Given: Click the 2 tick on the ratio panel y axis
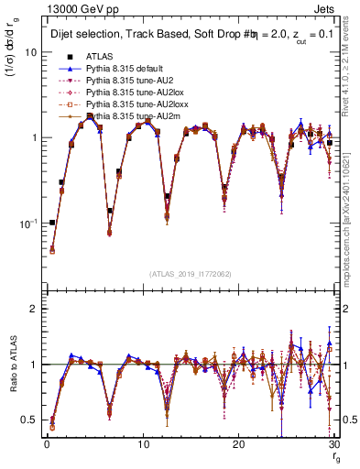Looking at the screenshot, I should (33, 309).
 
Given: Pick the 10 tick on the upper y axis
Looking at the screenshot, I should (28, 52).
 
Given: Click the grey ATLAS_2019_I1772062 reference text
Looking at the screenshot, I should (191, 273).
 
